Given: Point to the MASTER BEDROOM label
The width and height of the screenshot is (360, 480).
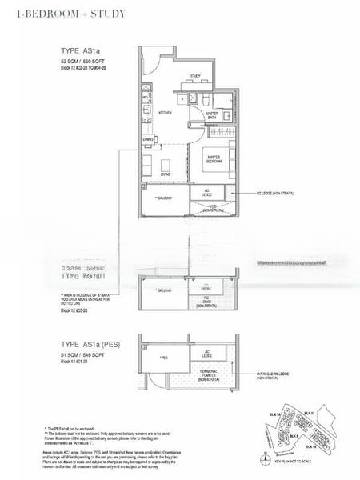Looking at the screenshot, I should (x=213, y=158).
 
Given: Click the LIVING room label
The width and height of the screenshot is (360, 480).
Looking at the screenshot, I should (x=166, y=174).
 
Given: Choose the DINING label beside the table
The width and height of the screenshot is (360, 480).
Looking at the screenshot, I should (x=148, y=139).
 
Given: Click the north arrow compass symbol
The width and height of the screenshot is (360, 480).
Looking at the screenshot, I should (x=265, y=459).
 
